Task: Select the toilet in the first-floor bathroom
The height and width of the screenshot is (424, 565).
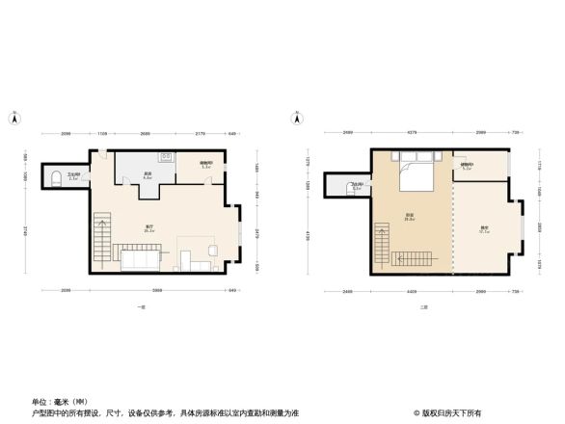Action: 56,178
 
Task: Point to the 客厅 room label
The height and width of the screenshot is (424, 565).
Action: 149,228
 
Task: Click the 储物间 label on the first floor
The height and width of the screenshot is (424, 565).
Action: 205,165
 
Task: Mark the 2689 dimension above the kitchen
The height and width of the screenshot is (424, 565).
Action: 144,132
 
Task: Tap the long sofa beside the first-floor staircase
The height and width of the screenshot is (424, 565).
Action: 138,258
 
